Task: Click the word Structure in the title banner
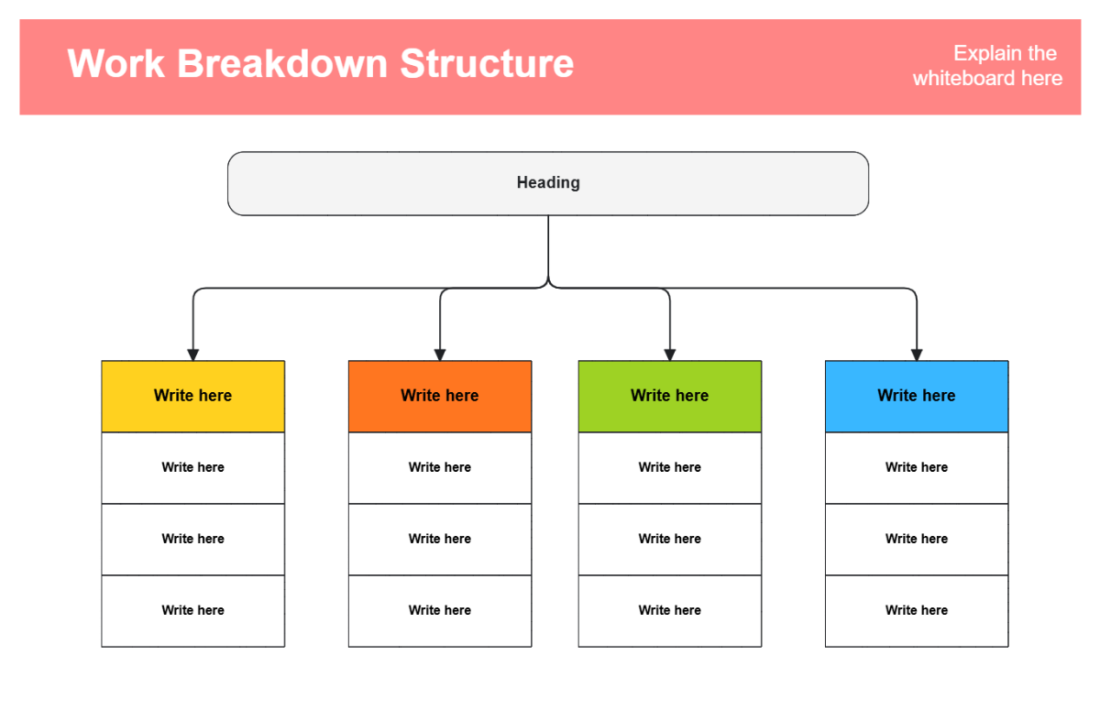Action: point(487,64)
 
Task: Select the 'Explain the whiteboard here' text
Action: point(987,66)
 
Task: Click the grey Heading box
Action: point(548,183)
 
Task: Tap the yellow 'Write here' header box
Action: point(192,396)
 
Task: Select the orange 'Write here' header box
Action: point(440,396)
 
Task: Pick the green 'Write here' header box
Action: point(669,396)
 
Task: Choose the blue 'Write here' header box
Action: point(917,396)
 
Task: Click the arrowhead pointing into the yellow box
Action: point(192,355)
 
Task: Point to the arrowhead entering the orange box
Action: point(440,355)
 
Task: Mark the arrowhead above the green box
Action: point(669,355)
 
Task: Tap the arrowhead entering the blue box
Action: point(917,355)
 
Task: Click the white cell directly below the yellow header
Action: point(192,467)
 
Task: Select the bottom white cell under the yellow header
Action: point(192,610)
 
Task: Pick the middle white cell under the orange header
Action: point(440,539)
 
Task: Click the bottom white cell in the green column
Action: point(669,610)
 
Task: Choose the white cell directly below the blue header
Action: point(917,467)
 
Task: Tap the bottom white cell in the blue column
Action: point(917,610)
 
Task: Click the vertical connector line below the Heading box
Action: point(548,247)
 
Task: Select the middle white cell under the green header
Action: point(669,539)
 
